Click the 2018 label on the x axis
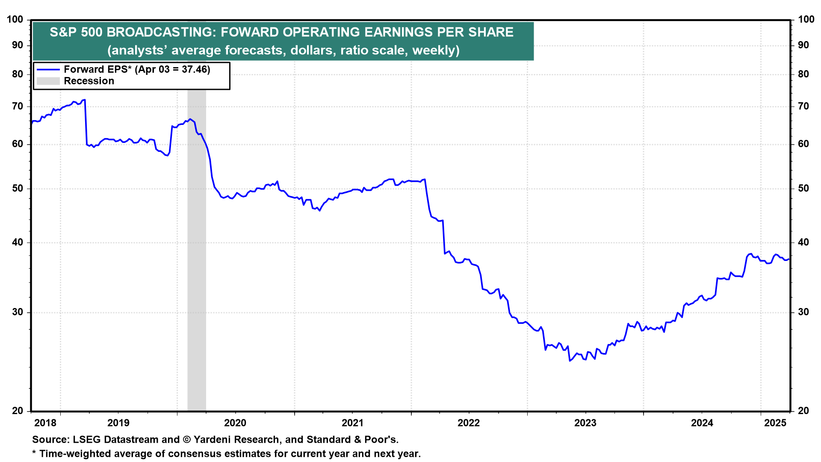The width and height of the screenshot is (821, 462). coord(45,423)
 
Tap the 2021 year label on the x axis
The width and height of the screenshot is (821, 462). coord(352,423)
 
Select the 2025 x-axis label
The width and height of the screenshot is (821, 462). coord(775,423)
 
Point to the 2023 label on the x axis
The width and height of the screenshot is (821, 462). coord(585,423)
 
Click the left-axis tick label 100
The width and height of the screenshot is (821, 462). coord(15,20)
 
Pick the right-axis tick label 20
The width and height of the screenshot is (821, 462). coord(803,411)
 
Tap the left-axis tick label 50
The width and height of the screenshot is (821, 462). coord(18,189)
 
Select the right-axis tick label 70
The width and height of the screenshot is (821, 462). coord(803,107)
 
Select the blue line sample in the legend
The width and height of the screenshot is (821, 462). coord(48,69)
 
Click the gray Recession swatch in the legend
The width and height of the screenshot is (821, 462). coord(48,81)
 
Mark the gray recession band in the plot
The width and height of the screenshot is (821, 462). coord(197,257)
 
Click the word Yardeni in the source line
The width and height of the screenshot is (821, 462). coord(213,440)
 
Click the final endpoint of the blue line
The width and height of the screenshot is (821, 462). coord(789,259)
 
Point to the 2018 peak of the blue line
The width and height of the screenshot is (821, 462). coord(85,100)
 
